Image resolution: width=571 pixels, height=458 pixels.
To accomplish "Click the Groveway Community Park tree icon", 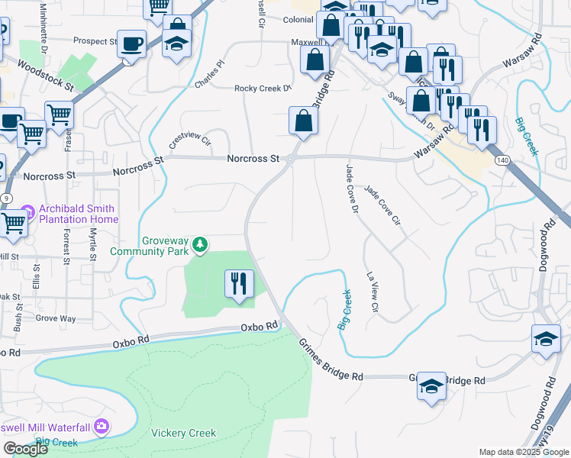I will [200, 244].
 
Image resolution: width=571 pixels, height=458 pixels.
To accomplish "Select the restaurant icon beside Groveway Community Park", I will [239, 285].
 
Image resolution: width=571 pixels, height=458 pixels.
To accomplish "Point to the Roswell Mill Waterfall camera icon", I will [102, 427].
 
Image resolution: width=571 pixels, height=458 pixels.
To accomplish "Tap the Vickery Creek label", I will [183, 433].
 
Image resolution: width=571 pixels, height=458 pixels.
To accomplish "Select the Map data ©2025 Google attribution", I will [523, 452].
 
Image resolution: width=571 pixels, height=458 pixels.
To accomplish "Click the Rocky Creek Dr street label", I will [263, 88].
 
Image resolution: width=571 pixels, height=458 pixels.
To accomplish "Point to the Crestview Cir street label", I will [189, 140].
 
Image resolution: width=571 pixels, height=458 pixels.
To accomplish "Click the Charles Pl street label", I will [211, 75].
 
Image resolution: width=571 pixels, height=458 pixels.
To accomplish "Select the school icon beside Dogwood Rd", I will [546, 339].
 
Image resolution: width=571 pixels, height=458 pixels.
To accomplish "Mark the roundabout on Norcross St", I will [291, 159].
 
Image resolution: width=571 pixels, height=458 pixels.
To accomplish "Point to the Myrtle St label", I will [93, 244].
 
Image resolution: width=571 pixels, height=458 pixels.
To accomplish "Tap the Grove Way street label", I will [55, 318].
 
